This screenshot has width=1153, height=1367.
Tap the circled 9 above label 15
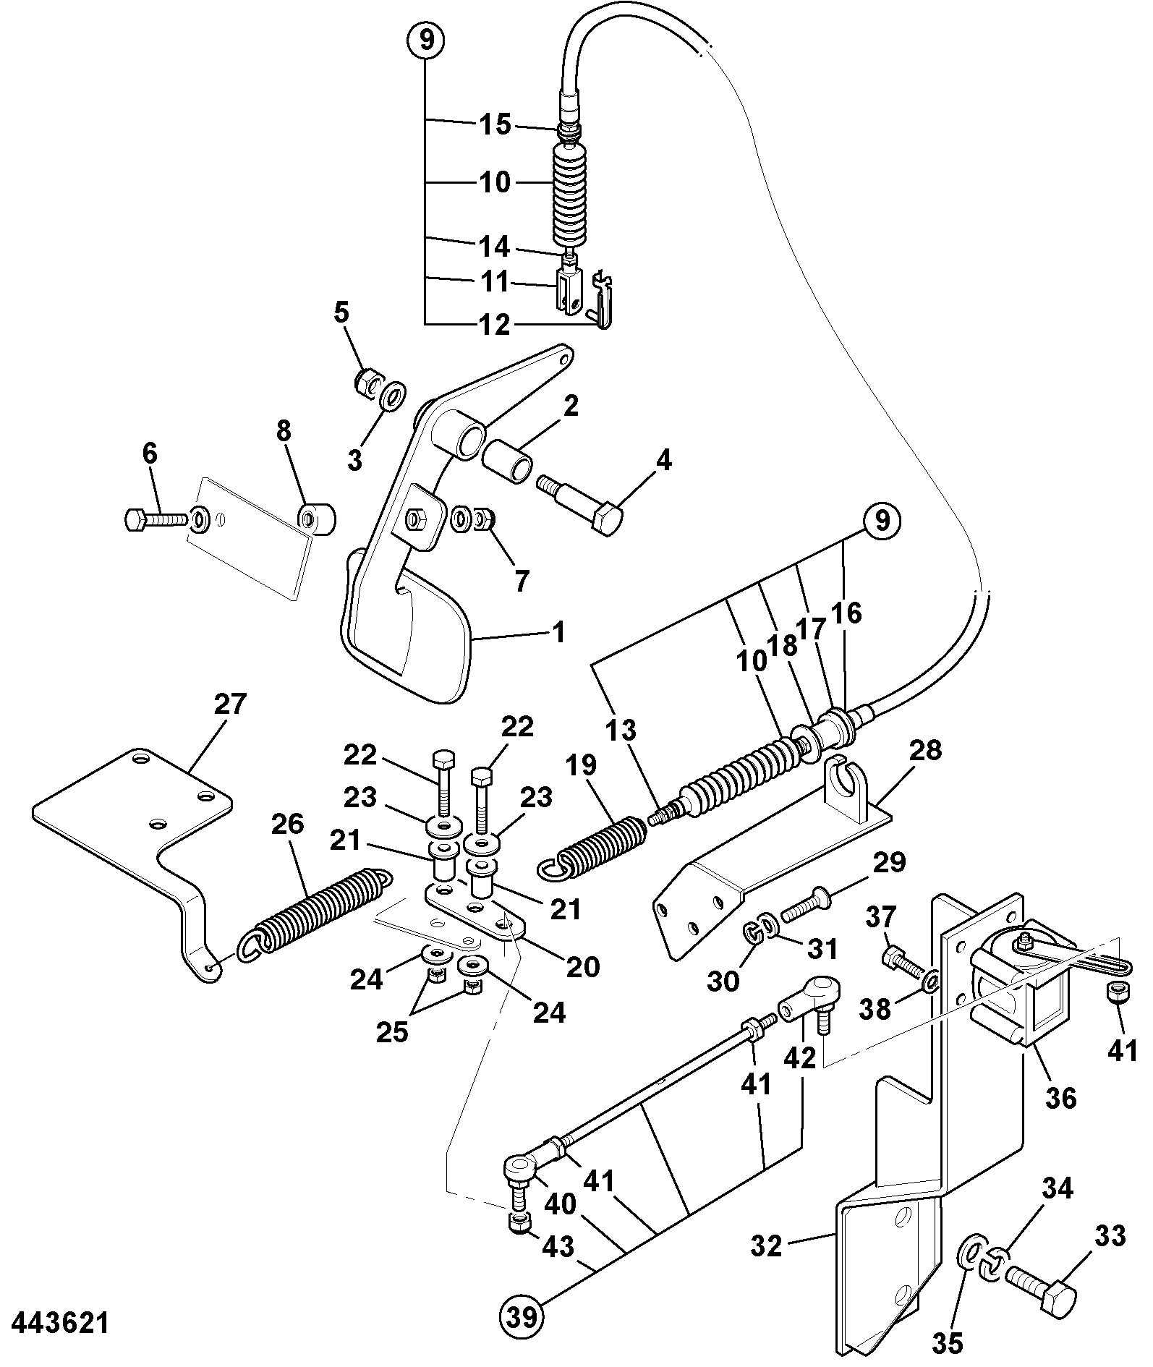point(426,40)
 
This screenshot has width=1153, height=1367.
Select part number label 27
point(231,704)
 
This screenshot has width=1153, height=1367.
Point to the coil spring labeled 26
point(316,915)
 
